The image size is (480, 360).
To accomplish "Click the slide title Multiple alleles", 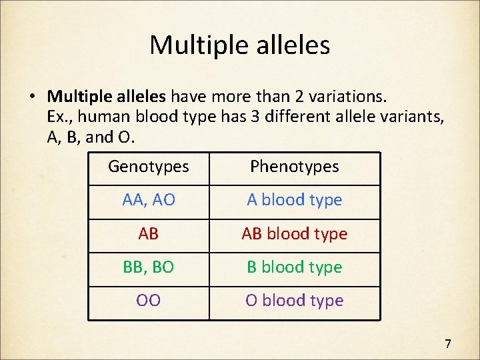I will click(x=239, y=45).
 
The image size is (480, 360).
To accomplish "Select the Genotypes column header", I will click(x=148, y=167).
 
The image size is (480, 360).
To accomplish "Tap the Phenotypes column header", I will click(x=294, y=167).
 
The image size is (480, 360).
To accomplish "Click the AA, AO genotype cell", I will click(x=149, y=200).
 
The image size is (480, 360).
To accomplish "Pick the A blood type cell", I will click(x=294, y=200).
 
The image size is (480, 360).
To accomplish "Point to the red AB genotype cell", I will click(x=149, y=234).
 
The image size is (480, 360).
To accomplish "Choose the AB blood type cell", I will click(x=294, y=234).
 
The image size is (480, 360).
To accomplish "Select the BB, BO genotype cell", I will click(x=149, y=267).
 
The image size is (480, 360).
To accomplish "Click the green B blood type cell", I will click(x=294, y=267).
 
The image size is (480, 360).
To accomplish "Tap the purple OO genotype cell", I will click(x=149, y=301).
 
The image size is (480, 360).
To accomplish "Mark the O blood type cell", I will click(x=294, y=301).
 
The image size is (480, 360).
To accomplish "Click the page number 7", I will click(x=448, y=344).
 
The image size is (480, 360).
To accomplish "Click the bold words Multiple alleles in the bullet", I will click(x=109, y=97).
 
